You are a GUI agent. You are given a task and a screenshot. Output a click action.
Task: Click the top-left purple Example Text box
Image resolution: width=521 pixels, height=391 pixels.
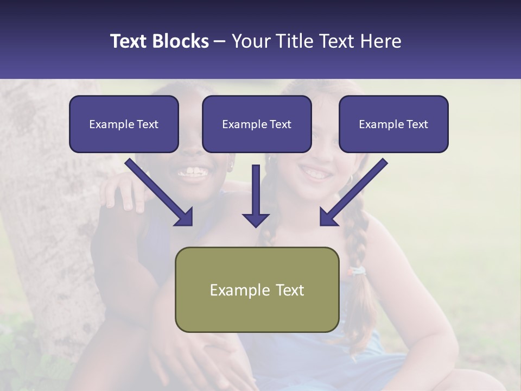pyautogui.click(x=124, y=124)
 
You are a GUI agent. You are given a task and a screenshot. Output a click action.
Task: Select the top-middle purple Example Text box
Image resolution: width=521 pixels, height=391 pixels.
pyautogui.click(x=257, y=124)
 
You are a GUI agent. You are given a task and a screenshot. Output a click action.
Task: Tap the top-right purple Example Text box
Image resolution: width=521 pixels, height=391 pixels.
pyautogui.click(x=393, y=124)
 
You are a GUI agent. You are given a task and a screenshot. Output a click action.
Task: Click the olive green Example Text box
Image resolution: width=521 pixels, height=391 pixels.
pyautogui.click(x=257, y=289)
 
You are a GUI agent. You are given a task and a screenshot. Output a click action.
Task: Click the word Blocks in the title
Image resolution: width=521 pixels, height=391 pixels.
pyautogui.click(x=181, y=41)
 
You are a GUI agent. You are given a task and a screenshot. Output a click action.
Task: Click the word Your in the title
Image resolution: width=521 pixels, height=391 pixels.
pyautogui.click(x=250, y=41)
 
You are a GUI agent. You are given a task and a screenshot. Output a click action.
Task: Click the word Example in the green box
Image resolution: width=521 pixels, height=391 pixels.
pyautogui.click(x=236, y=290)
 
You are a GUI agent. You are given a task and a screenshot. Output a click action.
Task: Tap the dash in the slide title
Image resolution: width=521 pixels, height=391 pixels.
pyautogui.click(x=220, y=41)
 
